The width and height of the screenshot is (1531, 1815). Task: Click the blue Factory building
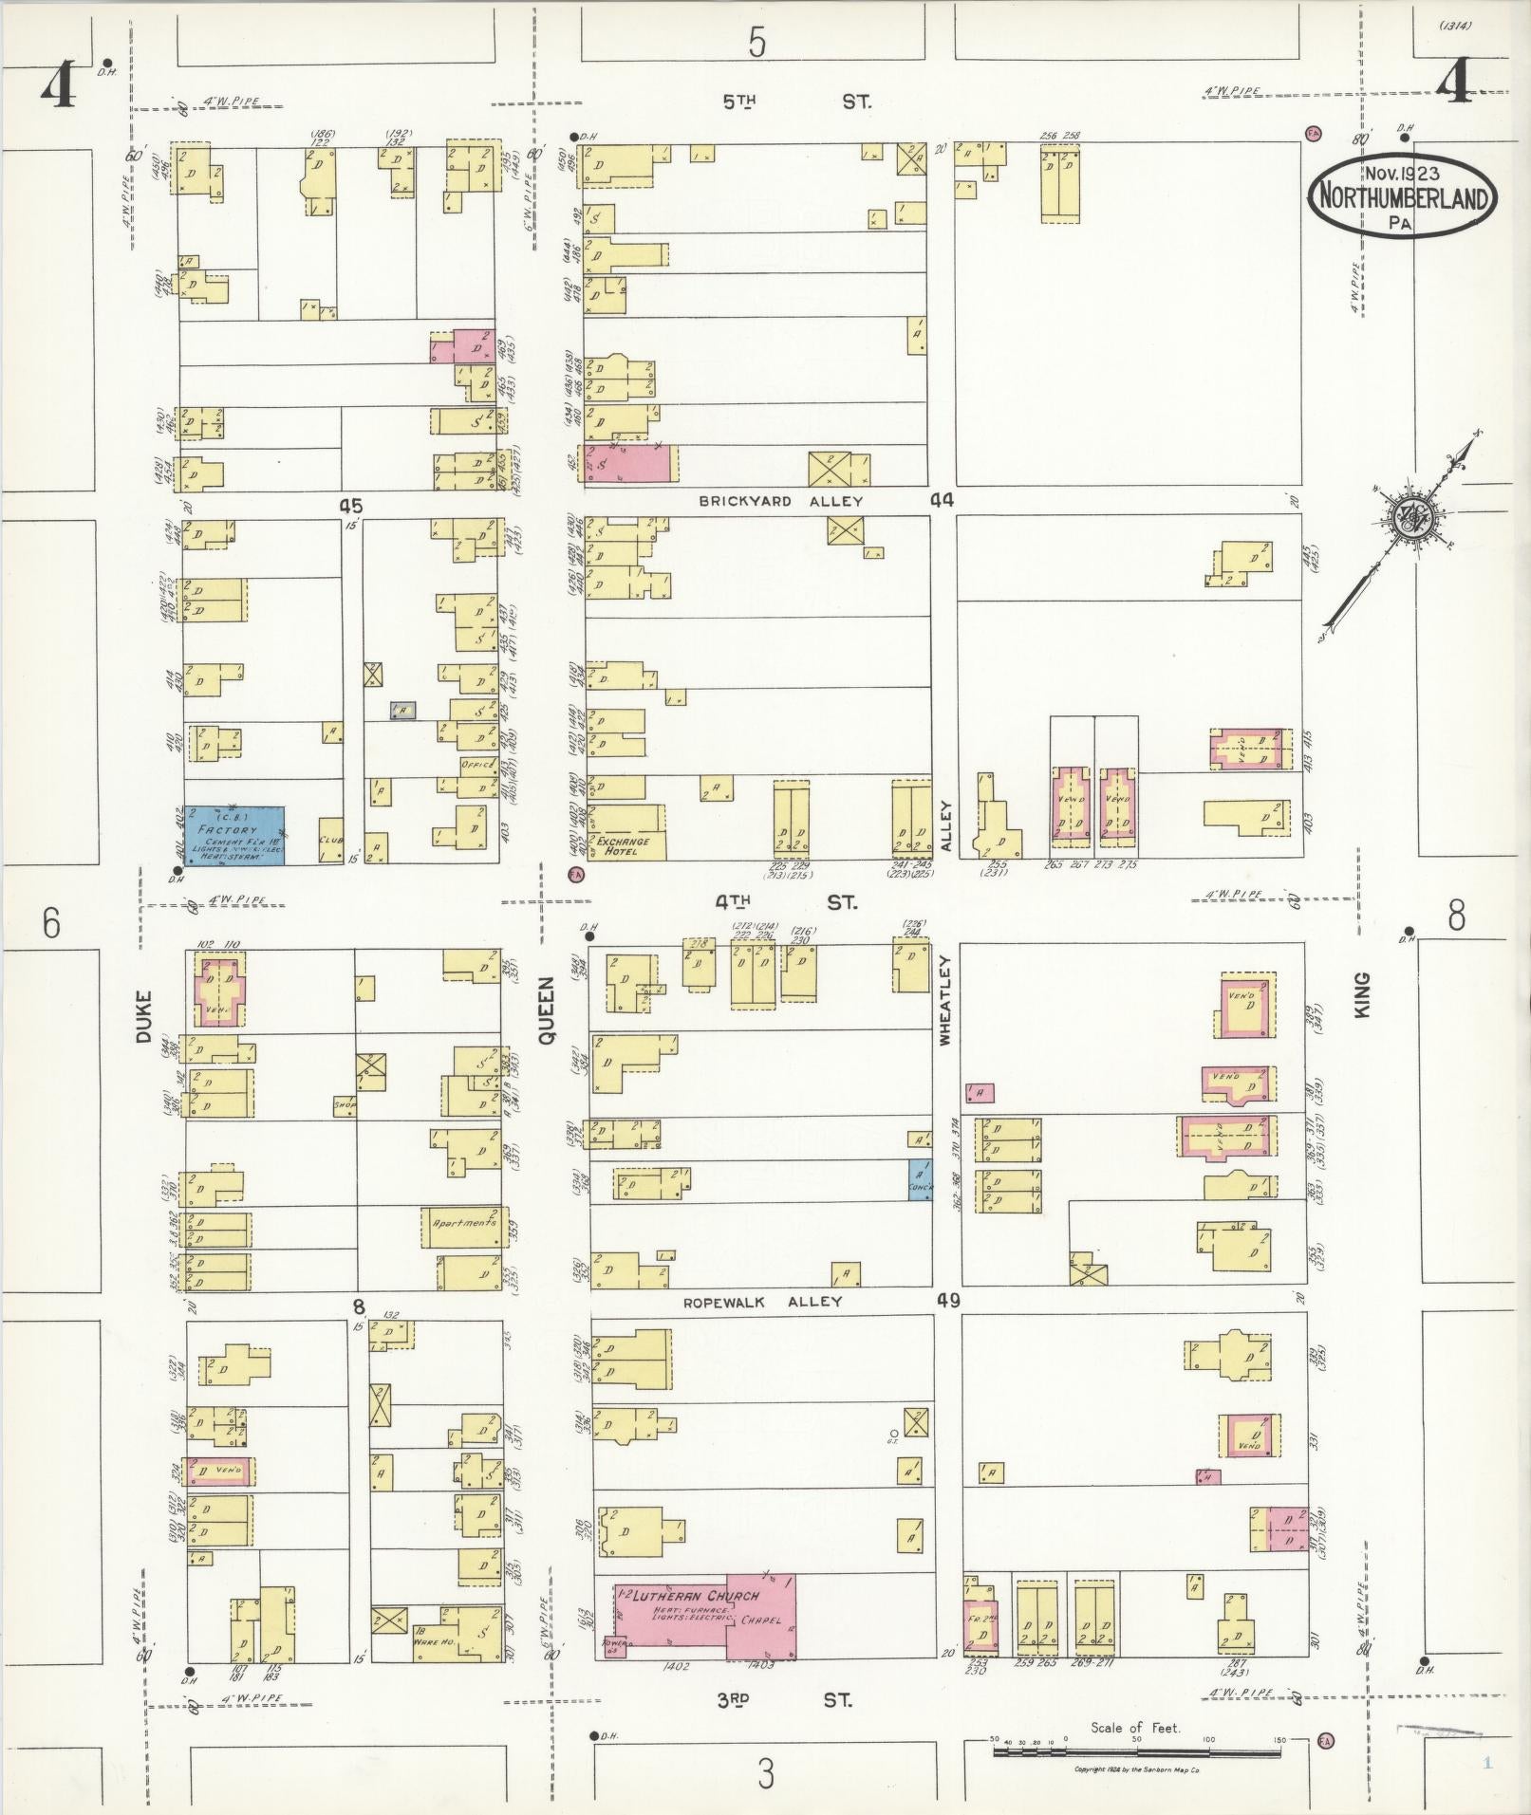tap(233, 835)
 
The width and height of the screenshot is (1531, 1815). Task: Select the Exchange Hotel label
tap(624, 846)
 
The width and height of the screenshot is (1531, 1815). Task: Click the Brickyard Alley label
tap(780, 501)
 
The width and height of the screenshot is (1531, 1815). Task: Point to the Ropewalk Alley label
tap(762, 1302)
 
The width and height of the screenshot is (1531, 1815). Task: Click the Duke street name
tap(143, 1017)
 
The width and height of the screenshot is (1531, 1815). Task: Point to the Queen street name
tap(547, 1011)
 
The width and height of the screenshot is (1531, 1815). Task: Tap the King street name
tap(1363, 995)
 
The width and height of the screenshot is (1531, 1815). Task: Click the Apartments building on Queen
tap(464, 1227)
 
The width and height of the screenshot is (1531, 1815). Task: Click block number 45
tap(351, 506)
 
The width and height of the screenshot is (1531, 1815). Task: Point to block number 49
tap(947, 1300)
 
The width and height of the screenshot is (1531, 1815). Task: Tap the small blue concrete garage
tap(919, 1179)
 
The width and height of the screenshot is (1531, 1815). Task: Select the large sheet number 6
tap(51, 922)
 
